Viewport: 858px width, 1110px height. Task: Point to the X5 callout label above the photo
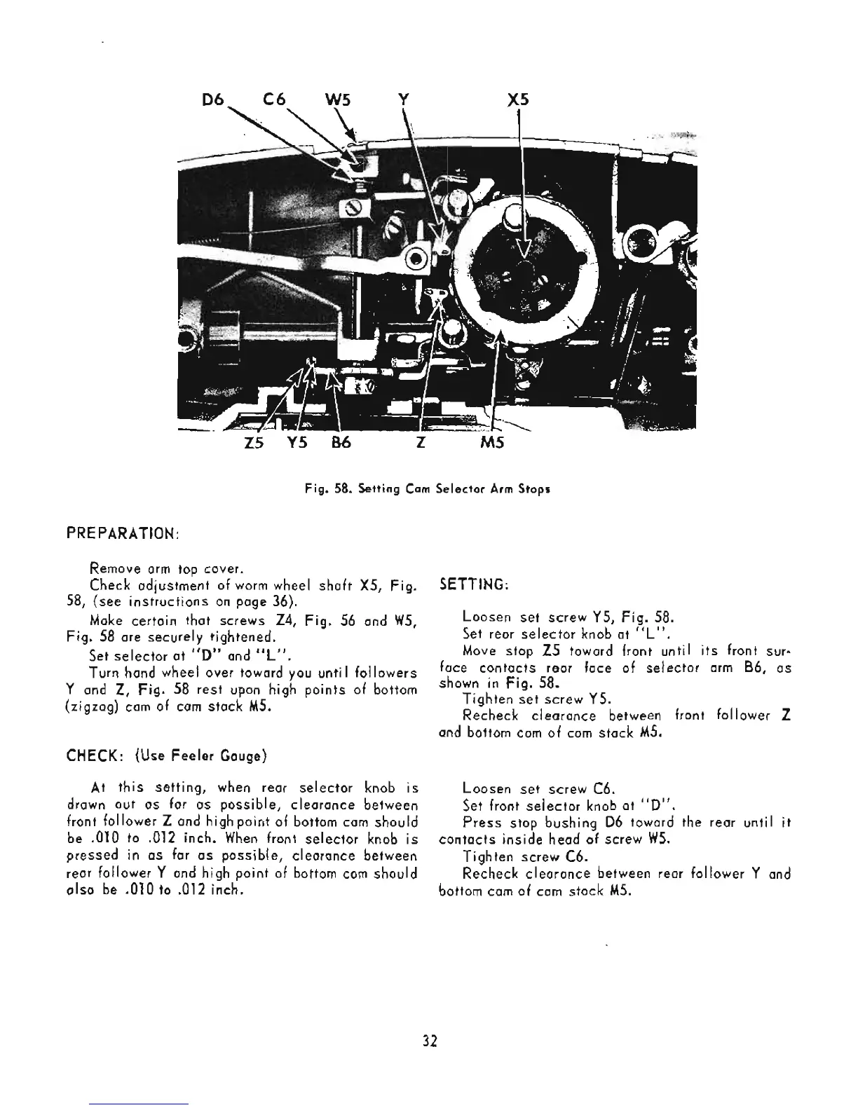tap(517, 100)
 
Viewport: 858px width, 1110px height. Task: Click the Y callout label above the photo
tap(402, 100)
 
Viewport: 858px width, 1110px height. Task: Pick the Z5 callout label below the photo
tap(253, 444)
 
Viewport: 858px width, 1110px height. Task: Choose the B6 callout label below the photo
tap(339, 444)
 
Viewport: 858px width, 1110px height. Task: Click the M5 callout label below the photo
tap(491, 444)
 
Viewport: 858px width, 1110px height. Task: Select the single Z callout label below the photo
tap(418, 444)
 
